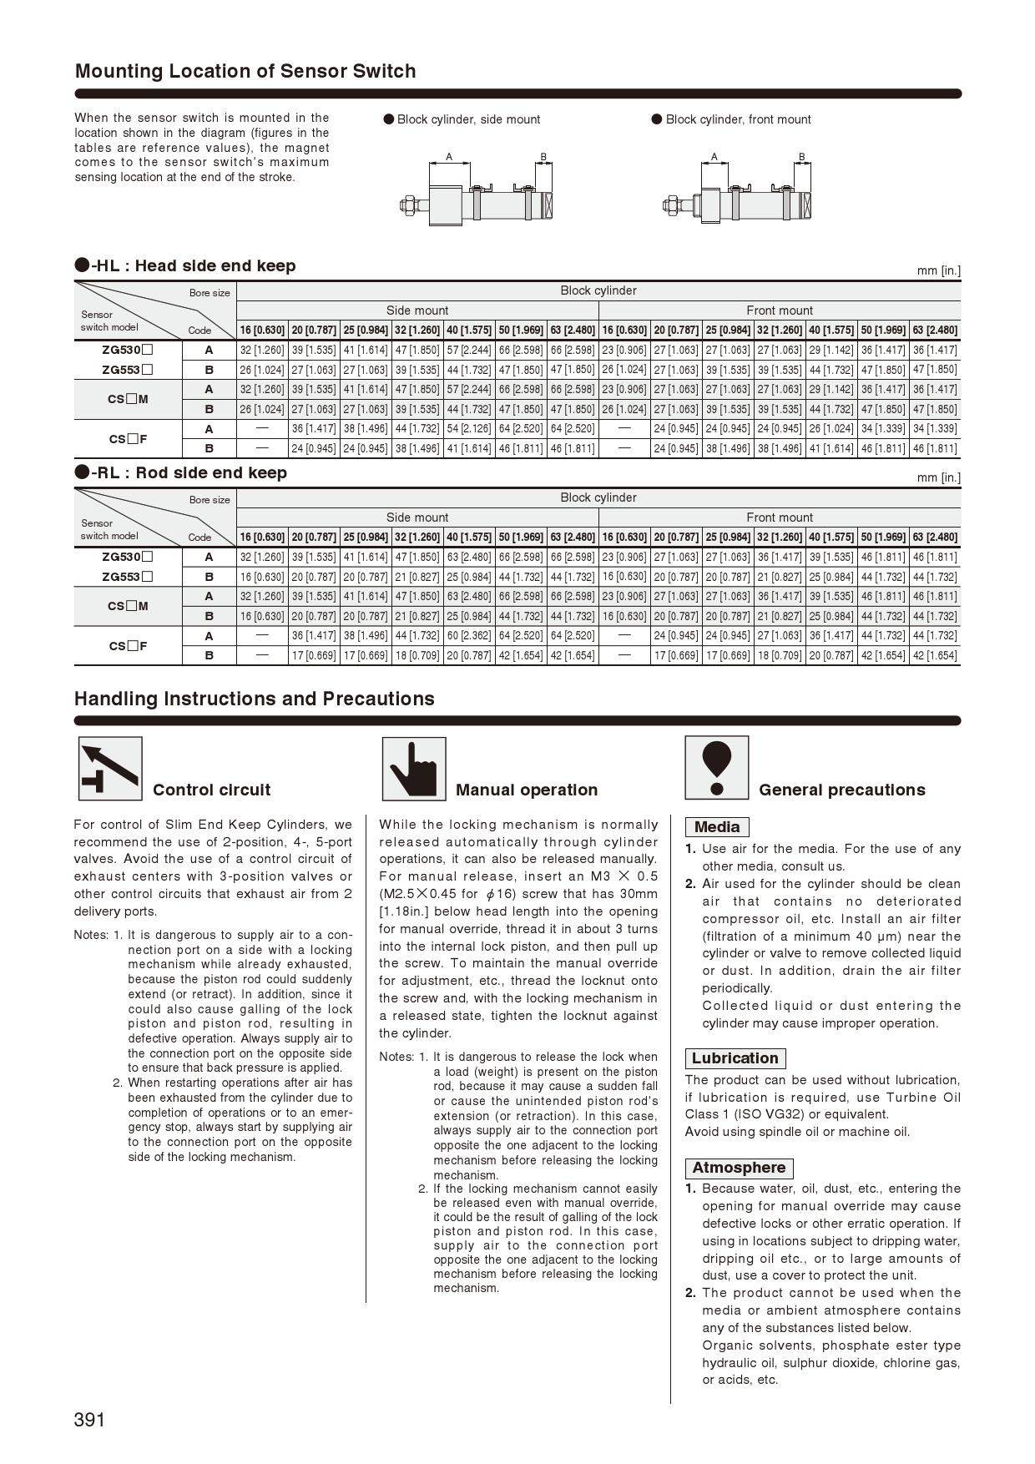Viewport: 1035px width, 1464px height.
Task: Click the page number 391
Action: pos(89,1420)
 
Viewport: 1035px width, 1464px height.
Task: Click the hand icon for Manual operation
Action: pos(413,769)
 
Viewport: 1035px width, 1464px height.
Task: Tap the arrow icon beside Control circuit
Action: pos(110,769)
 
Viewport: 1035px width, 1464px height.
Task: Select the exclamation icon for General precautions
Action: pos(716,768)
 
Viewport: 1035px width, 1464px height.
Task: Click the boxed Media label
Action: pos(717,827)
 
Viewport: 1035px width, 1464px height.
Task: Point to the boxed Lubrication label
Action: pos(735,1058)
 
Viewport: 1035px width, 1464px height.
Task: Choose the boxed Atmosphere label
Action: pos(739,1168)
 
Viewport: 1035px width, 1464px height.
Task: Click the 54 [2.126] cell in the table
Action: pos(469,429)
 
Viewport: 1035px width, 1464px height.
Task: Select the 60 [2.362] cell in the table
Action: pos(469,636)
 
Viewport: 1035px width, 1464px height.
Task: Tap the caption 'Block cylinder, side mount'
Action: pos(468,119)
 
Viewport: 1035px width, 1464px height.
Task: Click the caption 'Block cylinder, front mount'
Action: pos(738,119)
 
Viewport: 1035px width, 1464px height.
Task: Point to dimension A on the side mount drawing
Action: pos(449,157)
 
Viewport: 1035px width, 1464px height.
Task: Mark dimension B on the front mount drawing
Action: pos(801,157)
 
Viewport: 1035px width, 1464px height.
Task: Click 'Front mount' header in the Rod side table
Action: pos(780,517)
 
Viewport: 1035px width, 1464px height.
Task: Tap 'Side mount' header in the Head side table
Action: pos(417,310)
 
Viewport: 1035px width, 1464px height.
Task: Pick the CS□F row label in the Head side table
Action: pos(128,439)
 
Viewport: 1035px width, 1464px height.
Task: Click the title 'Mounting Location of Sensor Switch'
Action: pos(245,71)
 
